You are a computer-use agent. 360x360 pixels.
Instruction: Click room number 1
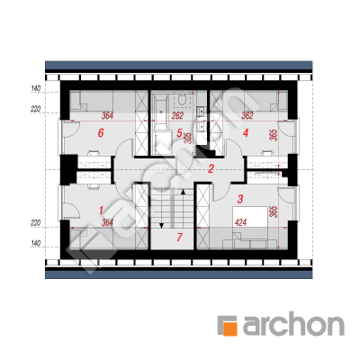[101, 211]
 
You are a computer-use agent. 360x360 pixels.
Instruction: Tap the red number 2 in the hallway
[211, 168]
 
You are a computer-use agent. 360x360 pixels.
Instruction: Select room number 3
[240, 199]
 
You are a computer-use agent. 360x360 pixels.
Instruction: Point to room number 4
[246, 133]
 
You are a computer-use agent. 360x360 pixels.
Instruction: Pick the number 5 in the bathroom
[179, 133]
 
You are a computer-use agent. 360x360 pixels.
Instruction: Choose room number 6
[101, 133]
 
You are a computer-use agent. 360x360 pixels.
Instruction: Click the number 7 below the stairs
[179, 238]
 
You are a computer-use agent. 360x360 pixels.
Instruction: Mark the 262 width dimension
[177, 116]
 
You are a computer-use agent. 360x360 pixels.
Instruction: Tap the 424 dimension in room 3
[240, 222]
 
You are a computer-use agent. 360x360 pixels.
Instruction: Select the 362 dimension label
[247, 116]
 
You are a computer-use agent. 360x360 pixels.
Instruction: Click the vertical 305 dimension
[189, 138]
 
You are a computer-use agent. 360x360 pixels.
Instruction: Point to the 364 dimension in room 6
[107, 116]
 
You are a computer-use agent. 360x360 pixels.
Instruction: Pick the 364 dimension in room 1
[107, 222]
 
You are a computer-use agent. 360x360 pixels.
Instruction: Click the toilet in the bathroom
[182, 99]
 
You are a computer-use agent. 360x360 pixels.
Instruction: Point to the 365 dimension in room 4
[273, 135]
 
